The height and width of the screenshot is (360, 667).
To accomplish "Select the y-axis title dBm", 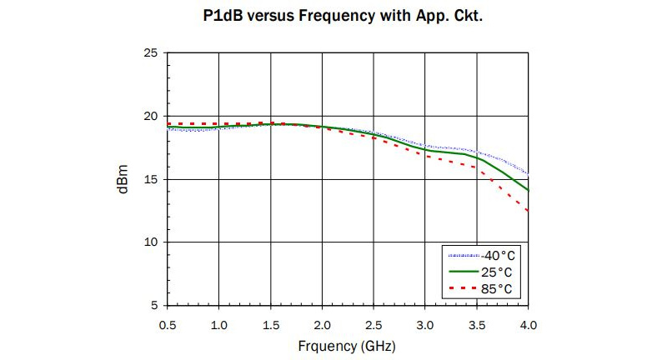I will [x=123, y=179].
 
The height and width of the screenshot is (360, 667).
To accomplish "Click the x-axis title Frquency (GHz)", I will [x=348, y=344].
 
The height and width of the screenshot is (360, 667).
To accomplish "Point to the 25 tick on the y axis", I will [x=151, y=52].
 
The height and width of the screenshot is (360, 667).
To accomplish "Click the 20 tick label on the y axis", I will [x=151, y=116].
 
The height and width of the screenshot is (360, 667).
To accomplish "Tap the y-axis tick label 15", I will [x=151, y=179].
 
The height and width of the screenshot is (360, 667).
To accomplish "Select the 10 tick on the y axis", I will [x=151, y=242].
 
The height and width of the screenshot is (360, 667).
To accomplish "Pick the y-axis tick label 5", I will [x=155, y=306].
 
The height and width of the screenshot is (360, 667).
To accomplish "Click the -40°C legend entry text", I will [x=499, y=256].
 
